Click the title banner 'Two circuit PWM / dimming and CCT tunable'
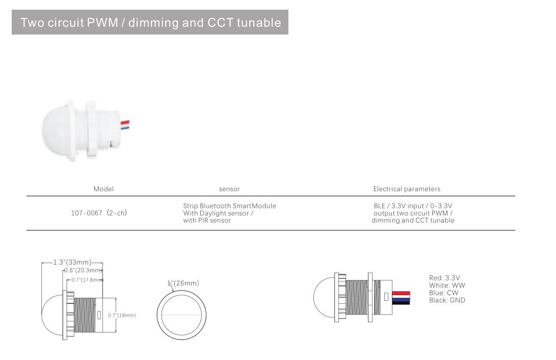pos(150,22)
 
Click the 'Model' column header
pos(103,189)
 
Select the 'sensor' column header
pos(229,189)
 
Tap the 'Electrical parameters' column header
pos(407,189)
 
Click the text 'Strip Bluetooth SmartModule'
pos(229,206)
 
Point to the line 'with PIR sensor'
pos(207,221)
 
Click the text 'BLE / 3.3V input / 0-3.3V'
pos(413,206)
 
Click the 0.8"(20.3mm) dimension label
pos(83,270)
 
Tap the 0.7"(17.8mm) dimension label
pos(87,280)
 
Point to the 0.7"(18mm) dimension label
pos(122,315)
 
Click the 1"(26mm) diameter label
pos(183,283)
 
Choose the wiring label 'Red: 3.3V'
pos(444,278)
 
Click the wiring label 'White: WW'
pos(447,286)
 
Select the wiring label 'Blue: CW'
pos(443,293)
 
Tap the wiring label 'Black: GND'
pos(447,300)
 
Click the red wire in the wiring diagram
pos(401,293)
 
